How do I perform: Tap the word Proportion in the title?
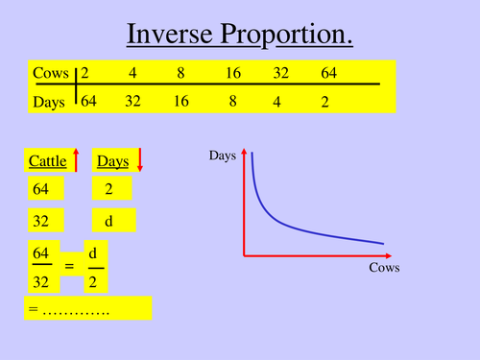point(286,36)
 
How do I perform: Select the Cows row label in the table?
point(49,73)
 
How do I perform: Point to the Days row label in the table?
point(50,101)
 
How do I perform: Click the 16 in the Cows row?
point(233,73)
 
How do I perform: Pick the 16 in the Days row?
point(181,101)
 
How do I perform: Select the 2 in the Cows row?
point(84,73)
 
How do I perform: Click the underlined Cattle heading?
point(46,161)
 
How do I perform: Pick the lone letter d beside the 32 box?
point(108,222)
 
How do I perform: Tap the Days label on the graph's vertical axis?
point(222,155)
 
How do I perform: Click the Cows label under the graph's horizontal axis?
point(384,268)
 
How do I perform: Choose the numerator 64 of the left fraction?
point(41,252)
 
